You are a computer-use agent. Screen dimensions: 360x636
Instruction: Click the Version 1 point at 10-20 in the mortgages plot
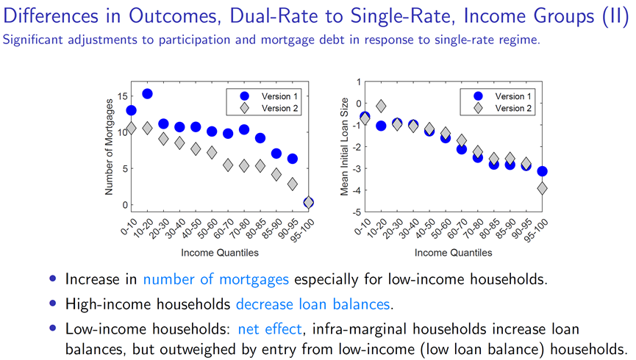(x=147, y=93)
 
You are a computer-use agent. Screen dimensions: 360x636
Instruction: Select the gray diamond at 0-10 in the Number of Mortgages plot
(x=131, y=129)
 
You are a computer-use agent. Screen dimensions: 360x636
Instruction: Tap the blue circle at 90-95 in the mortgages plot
(x=292, y=159)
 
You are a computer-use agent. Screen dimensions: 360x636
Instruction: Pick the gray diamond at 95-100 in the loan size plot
(x=543, y=188)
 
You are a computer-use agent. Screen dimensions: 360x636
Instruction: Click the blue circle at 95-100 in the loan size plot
(x=543, y=171)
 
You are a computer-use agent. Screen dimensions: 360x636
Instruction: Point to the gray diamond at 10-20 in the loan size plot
(x=381, y=107)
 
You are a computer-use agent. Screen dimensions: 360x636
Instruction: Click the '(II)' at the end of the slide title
(x=612, y=16)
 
